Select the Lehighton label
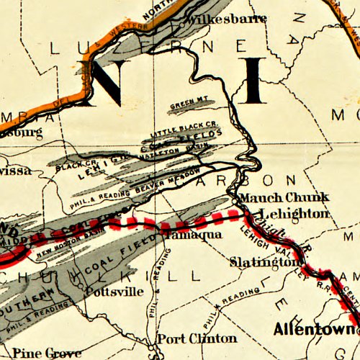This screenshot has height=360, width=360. (x=295, y=213)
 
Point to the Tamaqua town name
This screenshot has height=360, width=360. (x=185, y=235)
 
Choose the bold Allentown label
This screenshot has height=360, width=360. (x=314, y=329)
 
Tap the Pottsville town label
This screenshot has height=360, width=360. (x=109, y=293)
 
